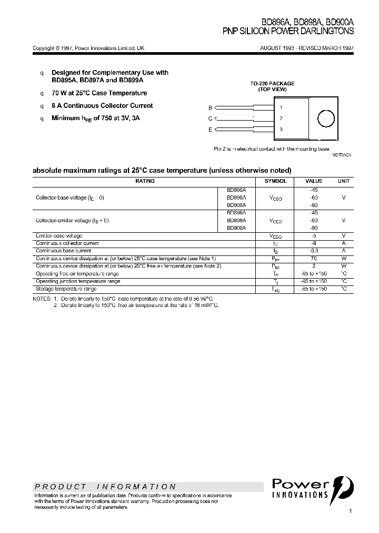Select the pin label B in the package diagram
[x=210, y=107]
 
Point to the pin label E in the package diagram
[x=210, y=130]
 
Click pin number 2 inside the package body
[x=281, y=119]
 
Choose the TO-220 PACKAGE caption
[x=272, y=84]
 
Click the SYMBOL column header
[x=275, y=181]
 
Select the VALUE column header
[x=314, y=181]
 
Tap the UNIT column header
[x=343, y=181]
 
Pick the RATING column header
[x=145, y=181]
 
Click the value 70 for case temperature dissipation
[x=314, y=259]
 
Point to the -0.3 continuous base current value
[x=314, y=251]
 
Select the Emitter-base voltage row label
[x=59, y=236]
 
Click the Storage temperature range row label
[x=66, y=289]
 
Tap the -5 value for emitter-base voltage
[x=314, y=236]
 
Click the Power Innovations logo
[x=313, y=488]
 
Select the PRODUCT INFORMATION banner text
[x=105, y=487]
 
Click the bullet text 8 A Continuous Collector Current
[x=102, y=106]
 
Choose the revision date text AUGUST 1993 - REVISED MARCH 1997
[x=307, y=48]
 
